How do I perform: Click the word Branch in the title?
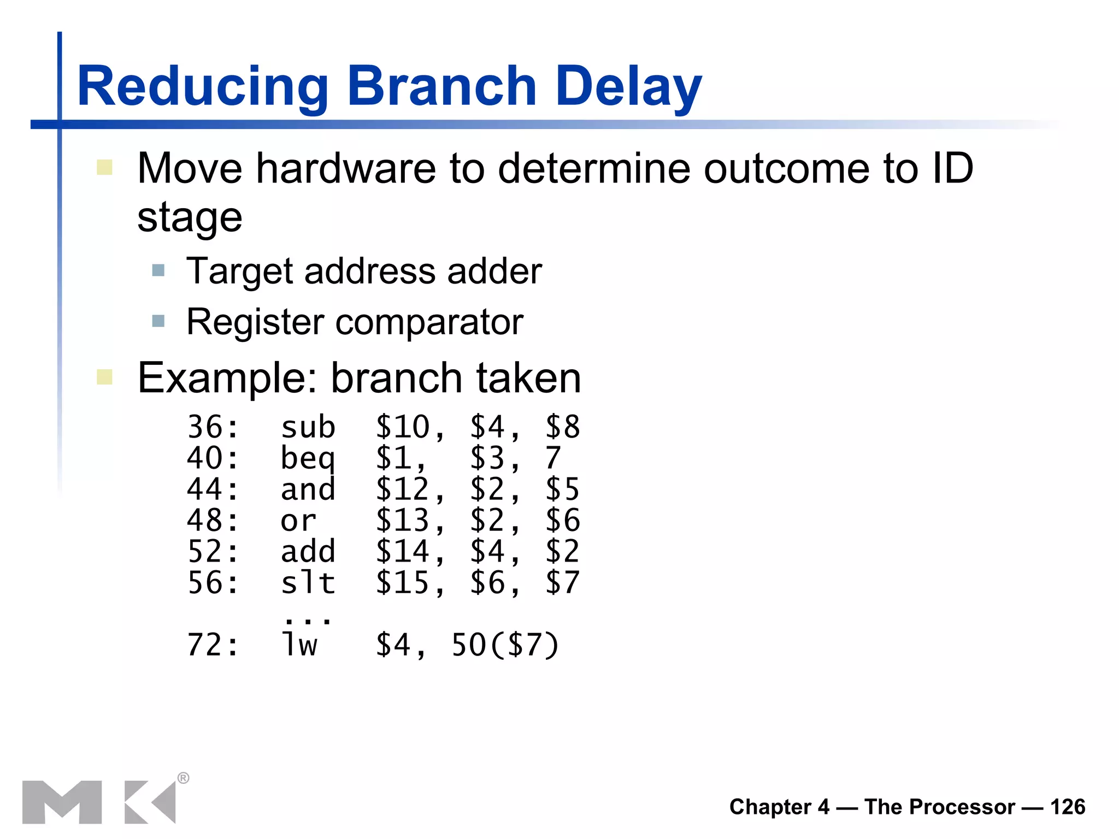[x=441, y=86]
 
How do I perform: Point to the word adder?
[x=494, y=271]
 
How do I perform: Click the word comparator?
[x=429, y=322]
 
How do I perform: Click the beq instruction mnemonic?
[x=308, y=458]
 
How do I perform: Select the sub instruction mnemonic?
[x=308, y=427]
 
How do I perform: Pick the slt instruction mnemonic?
[x=308, y=583]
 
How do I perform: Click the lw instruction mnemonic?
[x=299, y=645]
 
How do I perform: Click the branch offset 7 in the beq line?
[x=553, y=458]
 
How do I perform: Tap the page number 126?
[x=1067, y=807]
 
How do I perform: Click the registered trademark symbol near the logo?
[x=184, y=778]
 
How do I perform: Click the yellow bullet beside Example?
[x=104, y=377]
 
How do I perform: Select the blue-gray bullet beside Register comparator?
[x=158, y=321]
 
